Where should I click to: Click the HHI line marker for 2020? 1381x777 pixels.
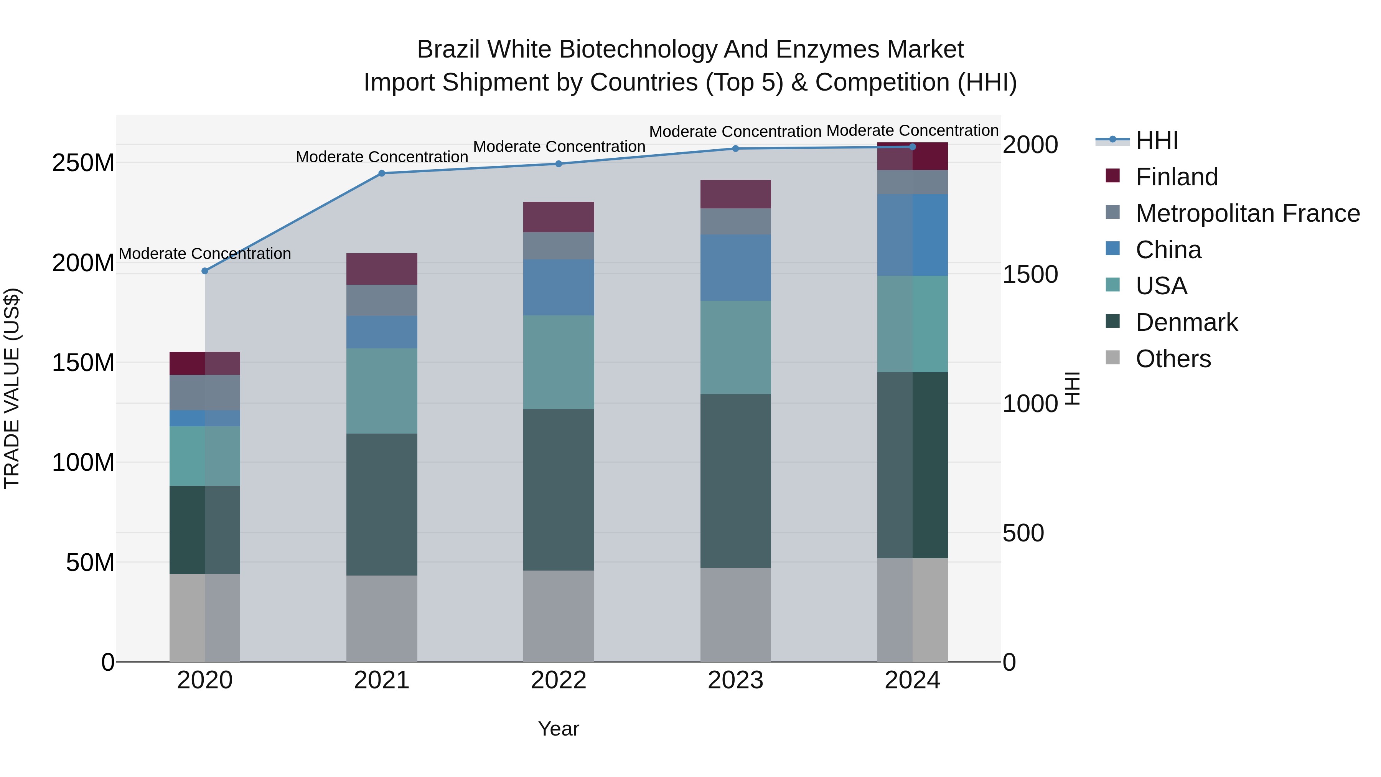pos(205,271)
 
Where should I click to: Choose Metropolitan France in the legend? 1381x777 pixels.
pos(1247,213)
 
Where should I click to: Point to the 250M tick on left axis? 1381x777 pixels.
pos(83,162)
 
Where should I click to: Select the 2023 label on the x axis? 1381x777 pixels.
pos(735,680)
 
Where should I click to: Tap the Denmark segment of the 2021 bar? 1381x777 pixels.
pos(382,504)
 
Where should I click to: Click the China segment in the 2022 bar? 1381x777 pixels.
pos(559,287)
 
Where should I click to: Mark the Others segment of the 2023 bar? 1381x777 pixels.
pos(735,615)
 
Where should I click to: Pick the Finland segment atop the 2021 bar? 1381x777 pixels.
pos(382,269)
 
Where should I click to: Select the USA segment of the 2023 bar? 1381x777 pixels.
pos(735,348)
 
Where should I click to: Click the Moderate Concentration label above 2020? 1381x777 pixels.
pos(205,254)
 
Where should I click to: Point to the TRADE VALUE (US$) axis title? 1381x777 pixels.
pos(12,388)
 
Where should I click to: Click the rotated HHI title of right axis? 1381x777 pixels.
pos(1072,388)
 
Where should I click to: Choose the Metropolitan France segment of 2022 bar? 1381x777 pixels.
pos(559,246)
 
